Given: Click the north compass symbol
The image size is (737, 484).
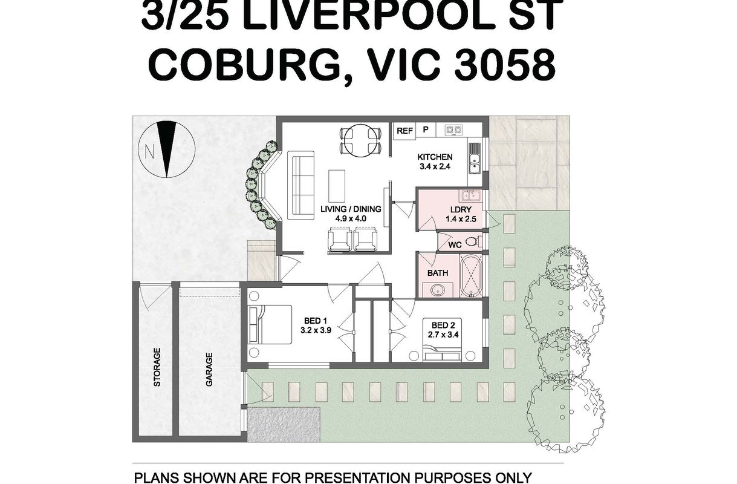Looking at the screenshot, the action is (167, 149).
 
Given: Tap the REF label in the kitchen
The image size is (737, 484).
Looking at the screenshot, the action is (404, 131).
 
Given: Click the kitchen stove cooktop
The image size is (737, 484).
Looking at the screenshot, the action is (453, 130).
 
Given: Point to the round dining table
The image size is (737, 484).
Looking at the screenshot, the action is (360, 141).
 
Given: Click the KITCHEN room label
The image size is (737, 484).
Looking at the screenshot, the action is (435, 157).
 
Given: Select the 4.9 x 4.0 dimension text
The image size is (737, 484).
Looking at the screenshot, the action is (351, 218).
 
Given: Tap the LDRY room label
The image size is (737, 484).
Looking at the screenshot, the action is (461, 209).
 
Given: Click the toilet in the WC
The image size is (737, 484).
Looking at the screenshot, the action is (473, 242).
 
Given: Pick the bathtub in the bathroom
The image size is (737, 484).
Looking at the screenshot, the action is (471, 276).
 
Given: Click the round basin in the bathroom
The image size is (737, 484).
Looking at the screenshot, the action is (438, 290).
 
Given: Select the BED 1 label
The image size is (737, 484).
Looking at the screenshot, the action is (316, 321).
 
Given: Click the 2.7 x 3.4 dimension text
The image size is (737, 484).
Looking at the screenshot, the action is (443, 335).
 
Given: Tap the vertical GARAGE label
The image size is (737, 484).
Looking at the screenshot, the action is (209, 370).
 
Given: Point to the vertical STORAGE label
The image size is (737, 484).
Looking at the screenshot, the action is (157, 367).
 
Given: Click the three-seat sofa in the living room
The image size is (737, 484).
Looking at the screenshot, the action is (300, 185).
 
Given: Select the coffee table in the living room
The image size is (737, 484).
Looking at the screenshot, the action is (337, 186).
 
